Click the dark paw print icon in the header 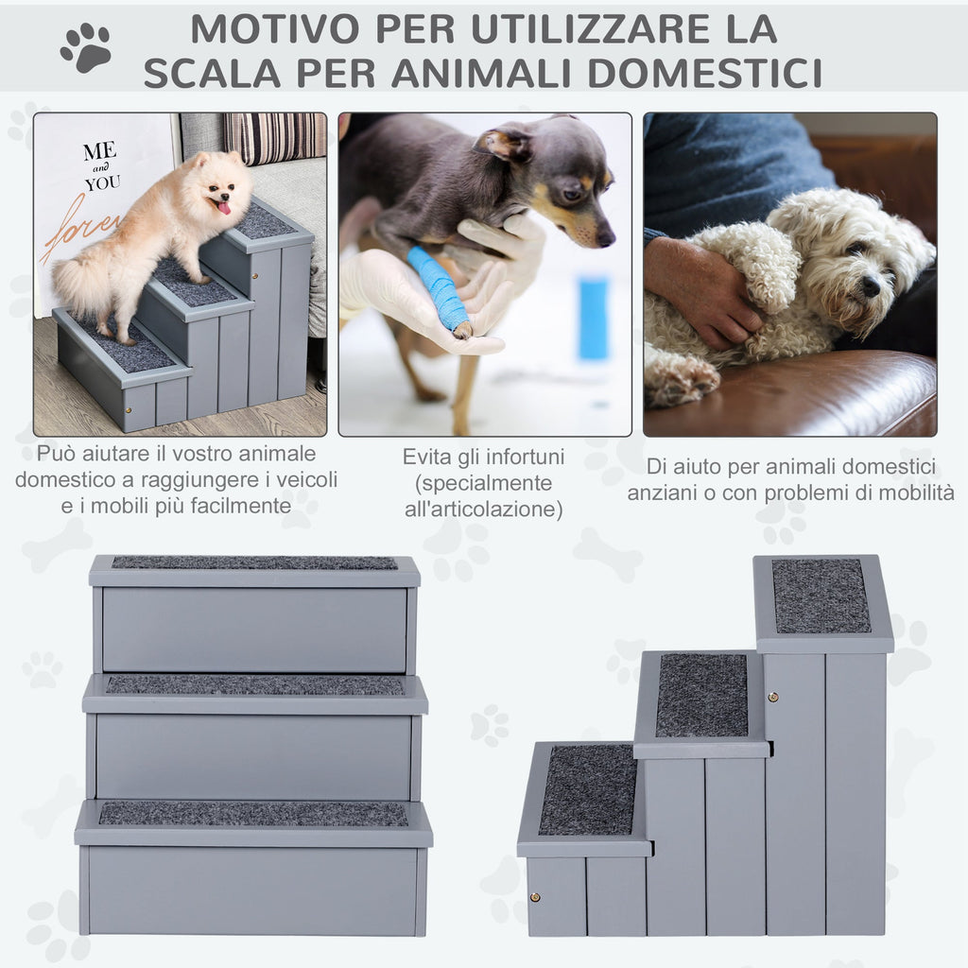tap(86, 47)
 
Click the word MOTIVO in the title tap(275, 28)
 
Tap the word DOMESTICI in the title tap(704, 73)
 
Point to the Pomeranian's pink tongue tap(223, 207)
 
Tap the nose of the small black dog tap(606, 237)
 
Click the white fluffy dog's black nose tap(871, 285)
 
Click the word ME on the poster tap(99, 150)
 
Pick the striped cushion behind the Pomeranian tap(275, 137)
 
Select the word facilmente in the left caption tap(240, 506)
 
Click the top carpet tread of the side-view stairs tap(821, 596)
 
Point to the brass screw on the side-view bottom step tap(535, 897)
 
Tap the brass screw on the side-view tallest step tap(772, 698)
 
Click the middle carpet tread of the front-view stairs tap(255, 684)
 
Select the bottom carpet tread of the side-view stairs tap(588, 790)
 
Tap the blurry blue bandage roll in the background tap(594, 318)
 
